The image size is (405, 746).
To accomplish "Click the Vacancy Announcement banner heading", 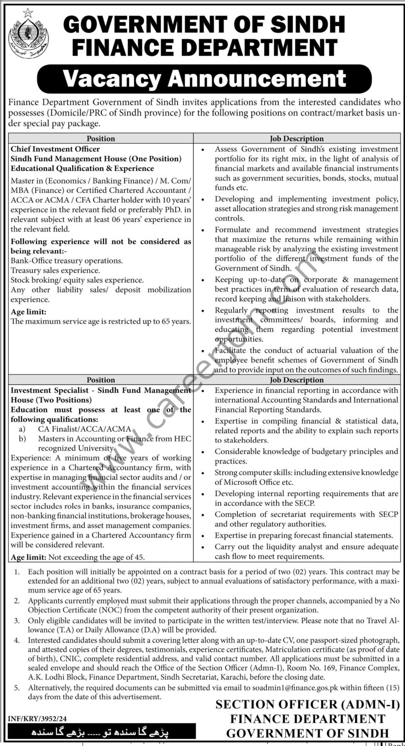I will coord(204,79).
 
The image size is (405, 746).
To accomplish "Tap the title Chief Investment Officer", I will coord(55,149).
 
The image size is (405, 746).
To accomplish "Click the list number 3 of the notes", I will coord(17,620).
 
